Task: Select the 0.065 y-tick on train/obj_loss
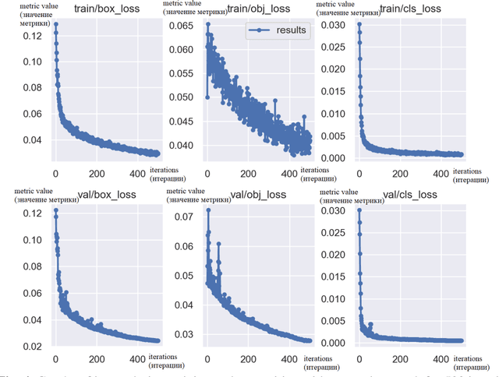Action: click(180, 26)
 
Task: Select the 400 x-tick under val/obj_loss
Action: click(289, 359)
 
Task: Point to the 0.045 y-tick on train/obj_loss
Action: click(180, 122)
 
